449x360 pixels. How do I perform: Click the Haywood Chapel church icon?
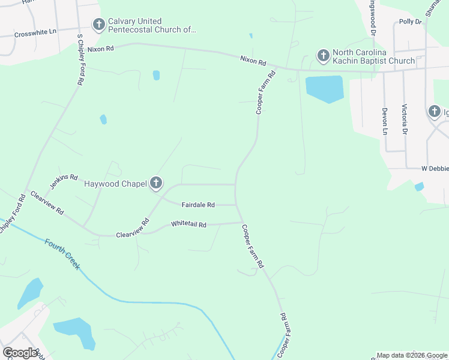click(x=155, y=183)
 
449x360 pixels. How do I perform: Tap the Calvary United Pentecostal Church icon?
click(x=98, y=25)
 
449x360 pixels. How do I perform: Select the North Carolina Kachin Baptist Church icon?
click(x=323, y=56)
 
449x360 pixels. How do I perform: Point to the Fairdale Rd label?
click(x=198, y=205)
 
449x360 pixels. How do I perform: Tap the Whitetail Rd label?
click(x=188, y=224)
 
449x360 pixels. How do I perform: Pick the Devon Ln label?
click(x=385, y=121)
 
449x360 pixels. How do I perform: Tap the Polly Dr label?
click(x=411, y=22)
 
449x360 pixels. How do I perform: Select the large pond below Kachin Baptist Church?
click(x=324, y=89)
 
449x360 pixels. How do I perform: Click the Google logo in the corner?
click(x=20, y=353)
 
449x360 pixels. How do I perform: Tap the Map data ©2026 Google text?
click(x=412, y=355)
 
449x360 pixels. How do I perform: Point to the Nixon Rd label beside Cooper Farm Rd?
click(x=253, y=60)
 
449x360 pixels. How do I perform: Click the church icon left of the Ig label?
click(x=435, y=111)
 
